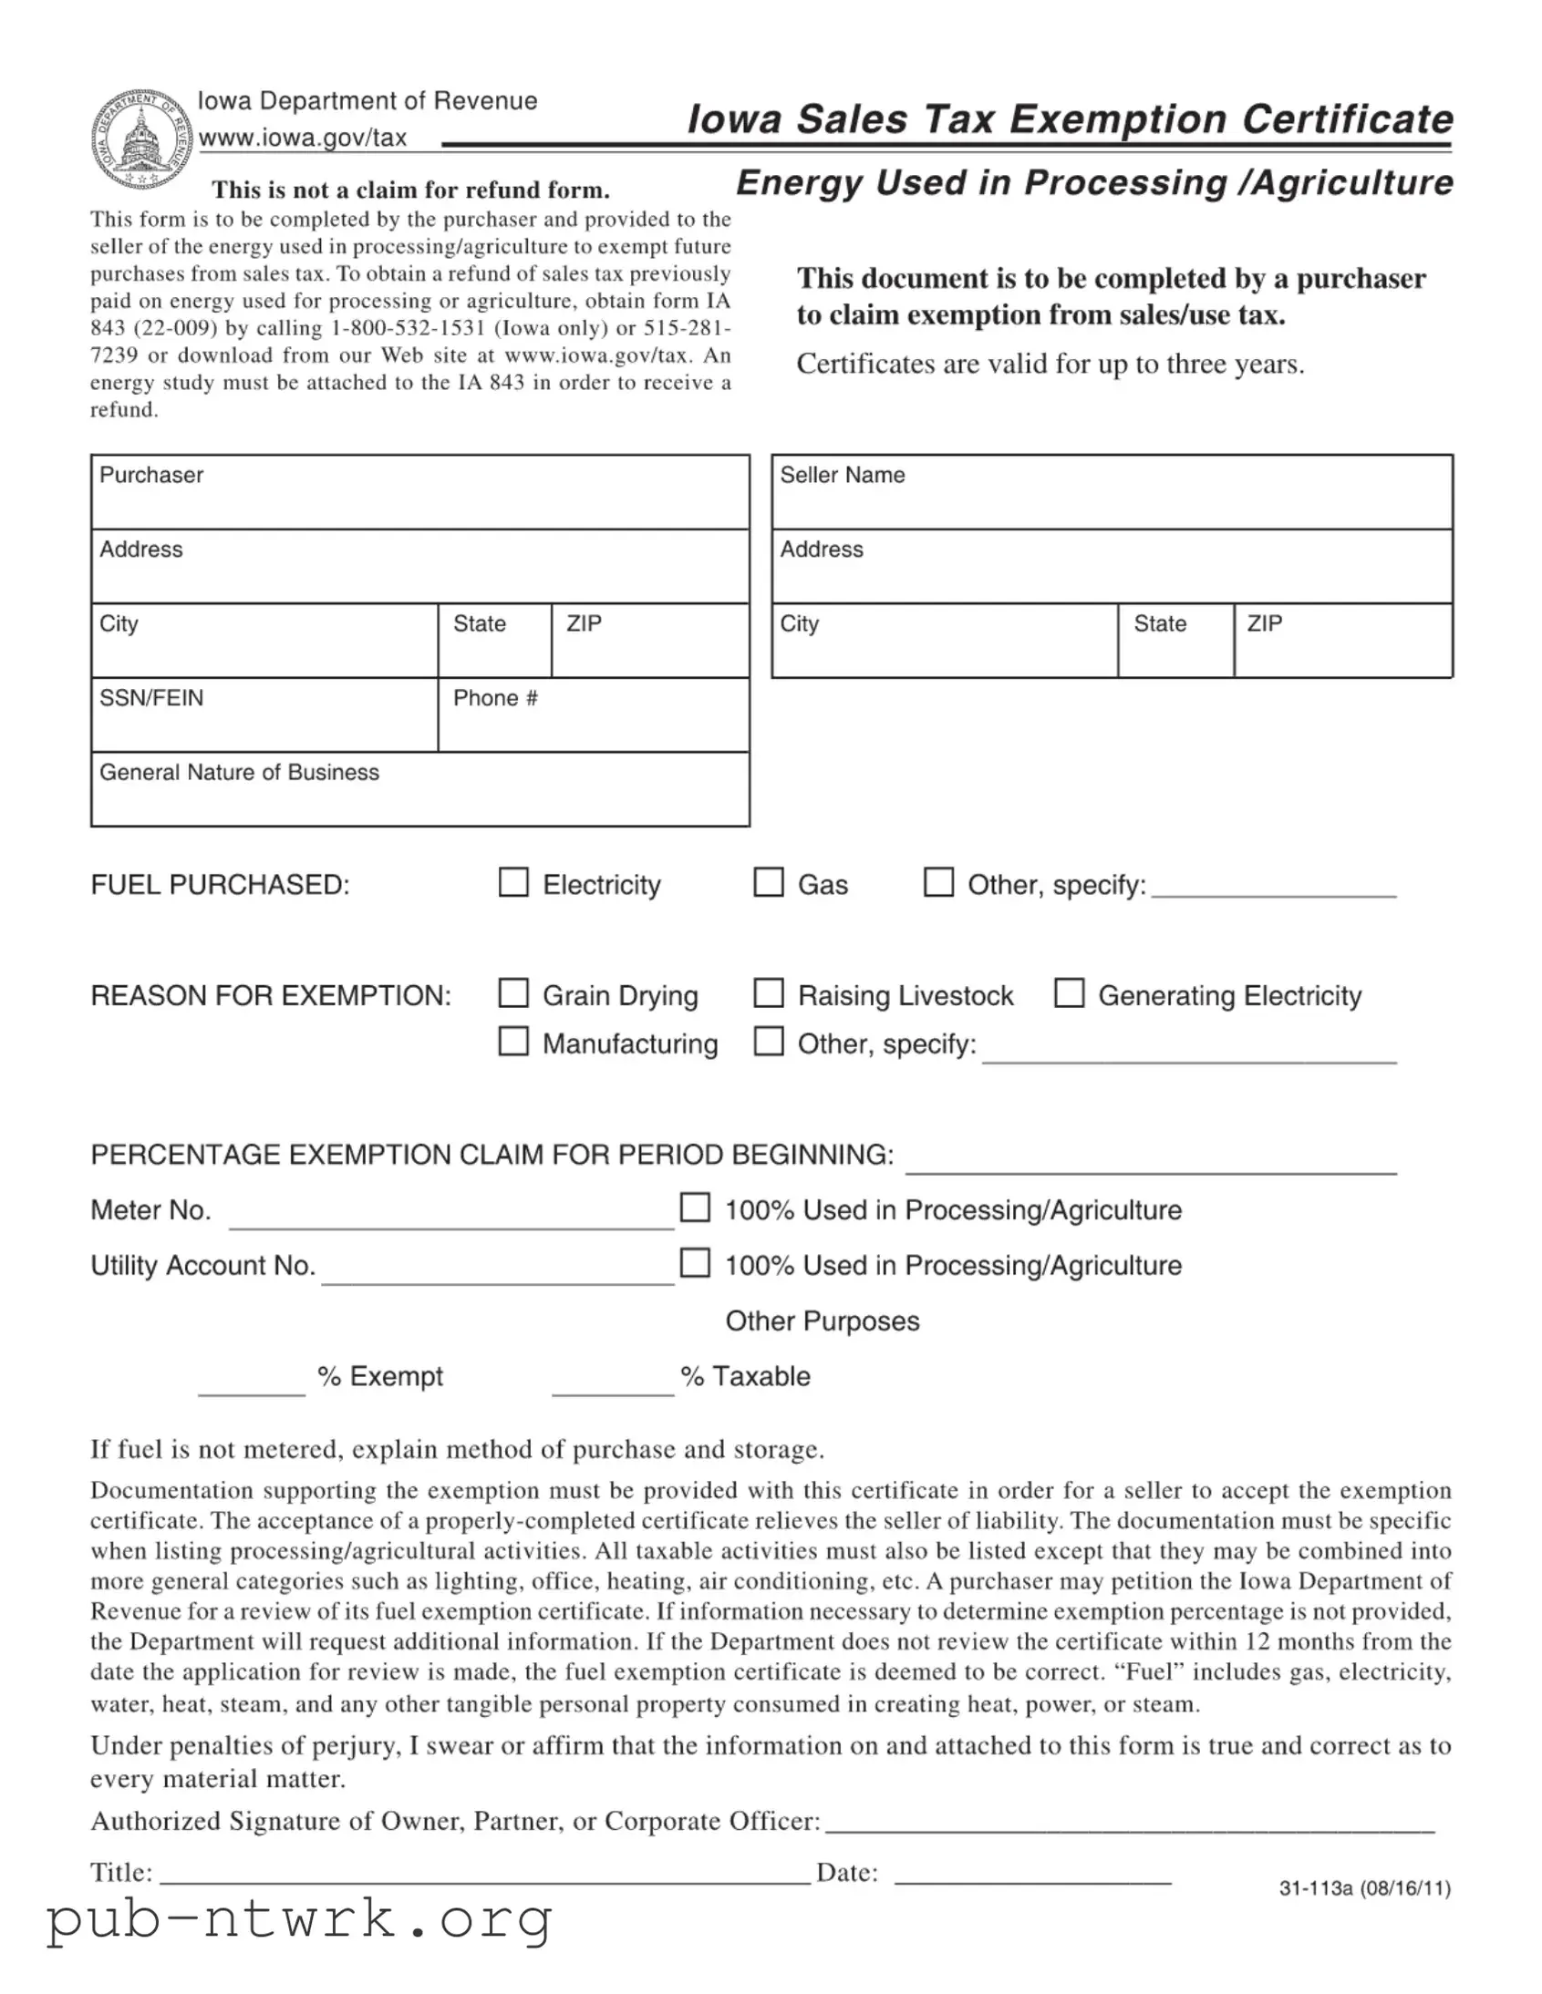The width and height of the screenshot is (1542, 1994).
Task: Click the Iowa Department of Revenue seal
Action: (x=141, y=140)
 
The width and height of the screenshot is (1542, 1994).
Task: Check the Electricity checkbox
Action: (x=513, y=883)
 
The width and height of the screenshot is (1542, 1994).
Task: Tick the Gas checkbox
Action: (x=768, y=883)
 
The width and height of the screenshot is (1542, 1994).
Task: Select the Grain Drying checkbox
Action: (x=513, y=993)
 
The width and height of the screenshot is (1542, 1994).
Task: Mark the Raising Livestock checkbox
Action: (x=768, y=993)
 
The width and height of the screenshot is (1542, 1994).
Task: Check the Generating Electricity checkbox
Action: (x=1069, y=993)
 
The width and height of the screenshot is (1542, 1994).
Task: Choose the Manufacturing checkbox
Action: (x=513, y=1042)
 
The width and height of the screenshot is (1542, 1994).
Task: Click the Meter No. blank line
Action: (x=451, y=1216)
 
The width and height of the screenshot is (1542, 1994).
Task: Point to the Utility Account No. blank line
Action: (x=498, y=1272)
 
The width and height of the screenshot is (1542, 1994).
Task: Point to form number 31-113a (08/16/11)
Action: (x=1365, y=1888)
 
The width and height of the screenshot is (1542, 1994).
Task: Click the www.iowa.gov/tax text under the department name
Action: (x=303, y=138)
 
